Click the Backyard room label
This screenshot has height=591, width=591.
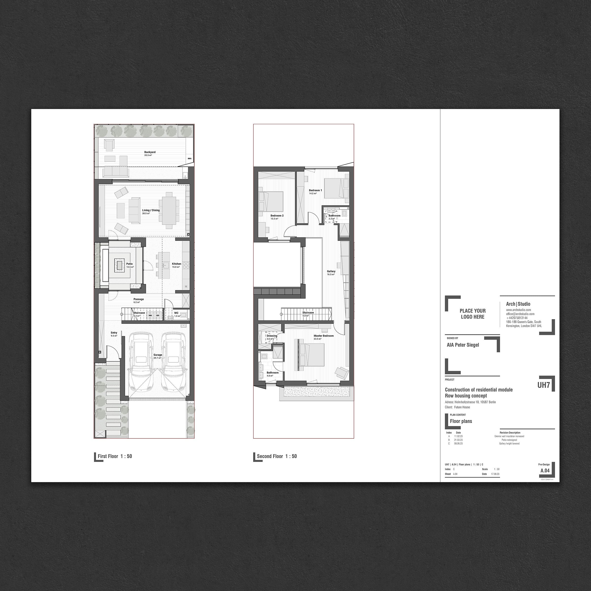tap(150, 152)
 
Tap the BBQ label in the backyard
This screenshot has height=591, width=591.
tap(189, 158)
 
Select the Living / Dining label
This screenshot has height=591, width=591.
tap(151, 210)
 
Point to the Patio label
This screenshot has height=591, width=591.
tap(129, 264)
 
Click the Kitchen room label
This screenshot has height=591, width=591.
tap(177, 264)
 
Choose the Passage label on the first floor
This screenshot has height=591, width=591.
tap(139, 299)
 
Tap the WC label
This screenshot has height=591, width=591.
tap(176, 313)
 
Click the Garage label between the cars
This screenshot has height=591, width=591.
tap(158, 355)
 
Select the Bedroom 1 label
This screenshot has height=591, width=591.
tap(315, 190)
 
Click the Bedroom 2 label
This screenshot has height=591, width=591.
tap(277, 216)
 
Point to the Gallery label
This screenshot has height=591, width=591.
tap(331, 271)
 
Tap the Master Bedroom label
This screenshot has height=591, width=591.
tap(324, 336)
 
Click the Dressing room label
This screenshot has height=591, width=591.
tap(272, 336)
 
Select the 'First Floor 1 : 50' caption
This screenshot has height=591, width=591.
tap(115, 456)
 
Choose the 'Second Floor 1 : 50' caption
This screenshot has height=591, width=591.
tap(277, 456)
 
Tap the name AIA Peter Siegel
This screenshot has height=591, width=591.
tap(463, 345)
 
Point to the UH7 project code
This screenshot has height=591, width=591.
tap(543, 385)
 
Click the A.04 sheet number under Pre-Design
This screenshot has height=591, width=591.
tap(545, 471)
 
